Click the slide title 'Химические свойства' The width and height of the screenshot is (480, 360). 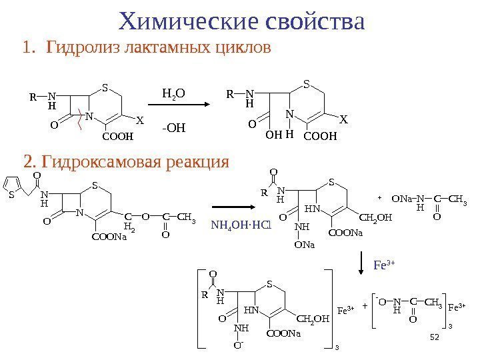coord(241,21)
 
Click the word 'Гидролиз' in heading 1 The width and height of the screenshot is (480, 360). coord(78,49)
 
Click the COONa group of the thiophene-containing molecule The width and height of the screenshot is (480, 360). coord(109,235)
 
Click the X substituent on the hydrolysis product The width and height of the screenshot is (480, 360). coord(343,121)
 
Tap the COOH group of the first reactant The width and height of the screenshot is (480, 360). coord(117,137)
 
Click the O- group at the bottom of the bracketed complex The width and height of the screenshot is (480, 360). coord(238,345)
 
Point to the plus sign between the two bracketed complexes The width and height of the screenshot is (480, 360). coord(365,306)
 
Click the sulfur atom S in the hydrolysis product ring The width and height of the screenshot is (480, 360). coord(307,85)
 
